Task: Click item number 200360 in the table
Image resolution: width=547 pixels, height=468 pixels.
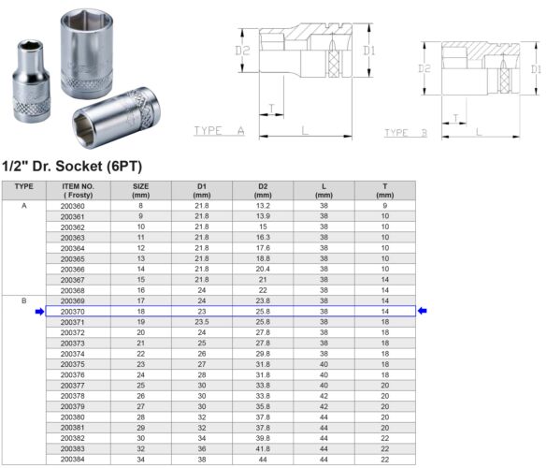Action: click(72, 205)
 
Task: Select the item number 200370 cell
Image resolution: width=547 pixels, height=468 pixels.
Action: click(72, 312)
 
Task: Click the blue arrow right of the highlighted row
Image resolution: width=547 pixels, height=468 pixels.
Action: click(423, 312)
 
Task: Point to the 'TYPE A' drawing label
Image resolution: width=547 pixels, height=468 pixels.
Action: click(219, 131)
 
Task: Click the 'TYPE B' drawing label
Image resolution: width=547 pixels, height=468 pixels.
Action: click(405, 133)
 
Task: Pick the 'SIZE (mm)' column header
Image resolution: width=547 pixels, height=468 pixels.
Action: click(140, 190)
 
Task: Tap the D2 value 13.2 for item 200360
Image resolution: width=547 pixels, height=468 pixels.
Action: click(263, 205)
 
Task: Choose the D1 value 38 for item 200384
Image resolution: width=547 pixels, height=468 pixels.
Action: click(201, 460)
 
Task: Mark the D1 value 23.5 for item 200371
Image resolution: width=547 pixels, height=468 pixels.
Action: click(201, 322)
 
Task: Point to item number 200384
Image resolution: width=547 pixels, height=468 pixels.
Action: click(72, 460)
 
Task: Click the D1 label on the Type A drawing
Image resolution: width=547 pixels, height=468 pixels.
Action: click(368, 50)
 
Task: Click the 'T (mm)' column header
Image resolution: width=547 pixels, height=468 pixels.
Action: click(384, 190)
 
